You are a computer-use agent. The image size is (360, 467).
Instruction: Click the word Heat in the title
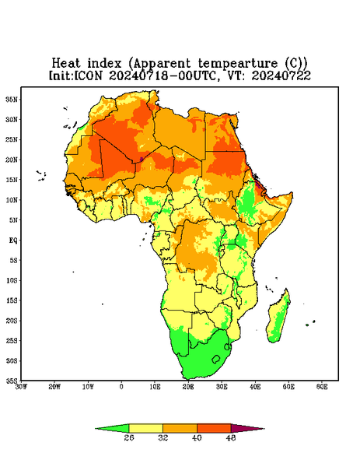click(x=66, y=64)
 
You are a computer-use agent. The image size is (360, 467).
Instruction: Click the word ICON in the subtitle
click(x=89, y=75)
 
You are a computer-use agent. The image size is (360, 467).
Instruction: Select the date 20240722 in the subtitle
click(x=281, y=75)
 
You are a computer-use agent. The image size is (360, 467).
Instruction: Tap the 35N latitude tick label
click(x=12, y=99)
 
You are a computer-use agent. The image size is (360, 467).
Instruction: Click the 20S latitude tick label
click(x=12, y=321)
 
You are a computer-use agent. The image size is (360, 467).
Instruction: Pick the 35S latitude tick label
click(x=12, y=381)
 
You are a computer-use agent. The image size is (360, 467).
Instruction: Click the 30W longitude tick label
click(x=22, y=387)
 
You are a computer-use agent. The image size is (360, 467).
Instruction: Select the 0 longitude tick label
click(x=121, y=387)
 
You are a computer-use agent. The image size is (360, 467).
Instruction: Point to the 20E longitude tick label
click(x=188, y=387)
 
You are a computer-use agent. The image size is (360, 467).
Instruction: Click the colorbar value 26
click(x=129, y=437)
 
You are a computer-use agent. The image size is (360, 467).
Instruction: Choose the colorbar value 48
click(x=231, y=437)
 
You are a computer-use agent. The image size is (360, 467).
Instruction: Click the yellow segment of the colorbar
click(x=145, y=428)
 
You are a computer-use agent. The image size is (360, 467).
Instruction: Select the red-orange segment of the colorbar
click(x=214, y=428)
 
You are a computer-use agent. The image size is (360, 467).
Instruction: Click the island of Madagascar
click(x=278, y=318)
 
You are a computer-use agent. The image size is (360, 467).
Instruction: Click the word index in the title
click(x=104, y=64)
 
